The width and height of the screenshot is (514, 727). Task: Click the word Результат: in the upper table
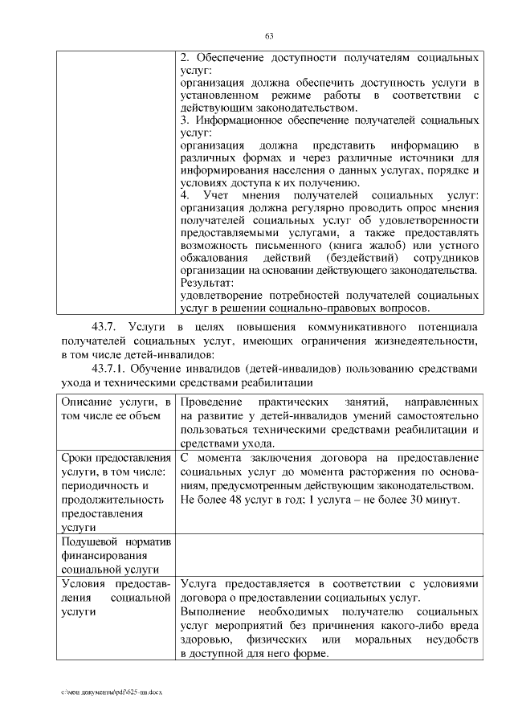click(x=206, y=283)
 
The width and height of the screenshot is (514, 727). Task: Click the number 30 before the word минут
click(x=414, y=500)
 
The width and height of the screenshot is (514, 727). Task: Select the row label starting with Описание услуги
click(x=116, y=408)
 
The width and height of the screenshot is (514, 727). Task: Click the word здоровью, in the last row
click(x=206, y=640)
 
